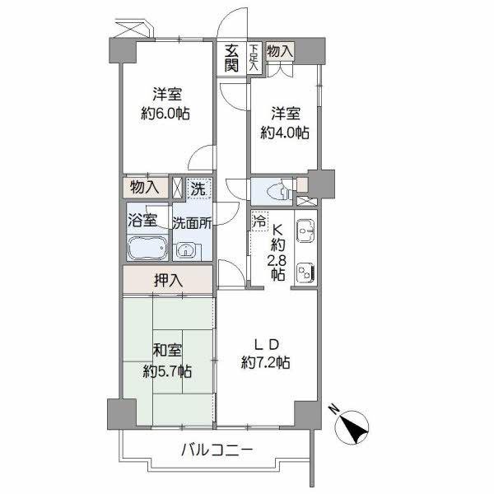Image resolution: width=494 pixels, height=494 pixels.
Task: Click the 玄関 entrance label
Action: (x=232, y=58)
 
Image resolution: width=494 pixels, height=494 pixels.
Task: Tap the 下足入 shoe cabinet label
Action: (x=254, y=58)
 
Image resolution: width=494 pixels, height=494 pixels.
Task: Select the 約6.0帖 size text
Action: (x=165, y=114)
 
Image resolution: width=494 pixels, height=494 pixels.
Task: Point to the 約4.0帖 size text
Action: (x=285, y=132)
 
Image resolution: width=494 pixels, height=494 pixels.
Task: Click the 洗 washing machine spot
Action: (x=198, y=189)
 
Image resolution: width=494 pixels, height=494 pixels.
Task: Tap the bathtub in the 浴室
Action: (x=147, y=248)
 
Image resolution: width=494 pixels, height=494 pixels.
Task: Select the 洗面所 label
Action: (x=193, y=221)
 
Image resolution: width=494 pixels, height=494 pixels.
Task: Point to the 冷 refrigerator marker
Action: (x=259, y=221)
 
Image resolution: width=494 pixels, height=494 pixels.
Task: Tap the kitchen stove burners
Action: (x=304, y=272)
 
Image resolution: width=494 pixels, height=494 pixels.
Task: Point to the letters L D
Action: (x=265, y=343)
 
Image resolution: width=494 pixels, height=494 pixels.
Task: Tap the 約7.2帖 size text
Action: (x=265, y=361)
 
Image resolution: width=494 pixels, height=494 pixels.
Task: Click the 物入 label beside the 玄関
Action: (x=280, y=51)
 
